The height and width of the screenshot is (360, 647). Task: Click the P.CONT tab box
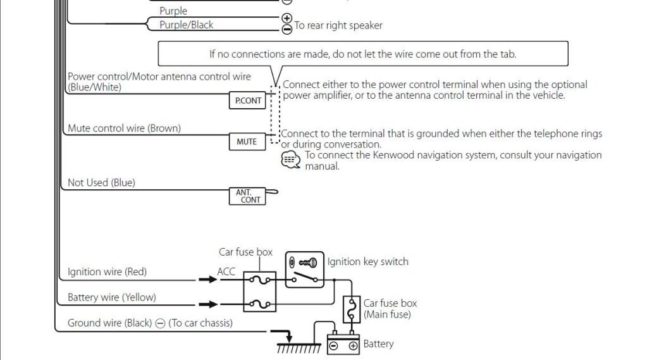tap(249, 101)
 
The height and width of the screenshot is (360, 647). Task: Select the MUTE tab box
tap(247, 142)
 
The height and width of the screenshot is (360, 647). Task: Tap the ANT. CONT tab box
tap(249, 196)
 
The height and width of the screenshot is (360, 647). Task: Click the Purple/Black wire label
tap(186, 25)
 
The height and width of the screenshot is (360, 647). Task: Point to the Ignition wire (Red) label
tap(107, 272)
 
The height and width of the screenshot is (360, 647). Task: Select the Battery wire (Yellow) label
tap(111, 297)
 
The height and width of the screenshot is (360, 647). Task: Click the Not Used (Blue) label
tap(101, 183)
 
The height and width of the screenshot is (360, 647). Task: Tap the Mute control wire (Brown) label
tap(124, 128)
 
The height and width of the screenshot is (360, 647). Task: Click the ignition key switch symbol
tap(304, 270)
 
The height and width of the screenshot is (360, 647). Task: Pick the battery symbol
tap(343, 344)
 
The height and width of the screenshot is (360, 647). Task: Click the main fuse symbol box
tap(351, 308)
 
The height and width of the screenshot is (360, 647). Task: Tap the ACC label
tap(226, 271)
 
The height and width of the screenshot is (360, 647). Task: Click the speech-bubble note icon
tap(290, 160)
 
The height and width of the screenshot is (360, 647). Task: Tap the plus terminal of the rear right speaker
tap(287, 18)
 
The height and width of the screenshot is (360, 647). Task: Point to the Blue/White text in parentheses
tap(94, 87)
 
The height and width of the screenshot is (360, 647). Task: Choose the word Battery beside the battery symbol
tap(378, 344)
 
